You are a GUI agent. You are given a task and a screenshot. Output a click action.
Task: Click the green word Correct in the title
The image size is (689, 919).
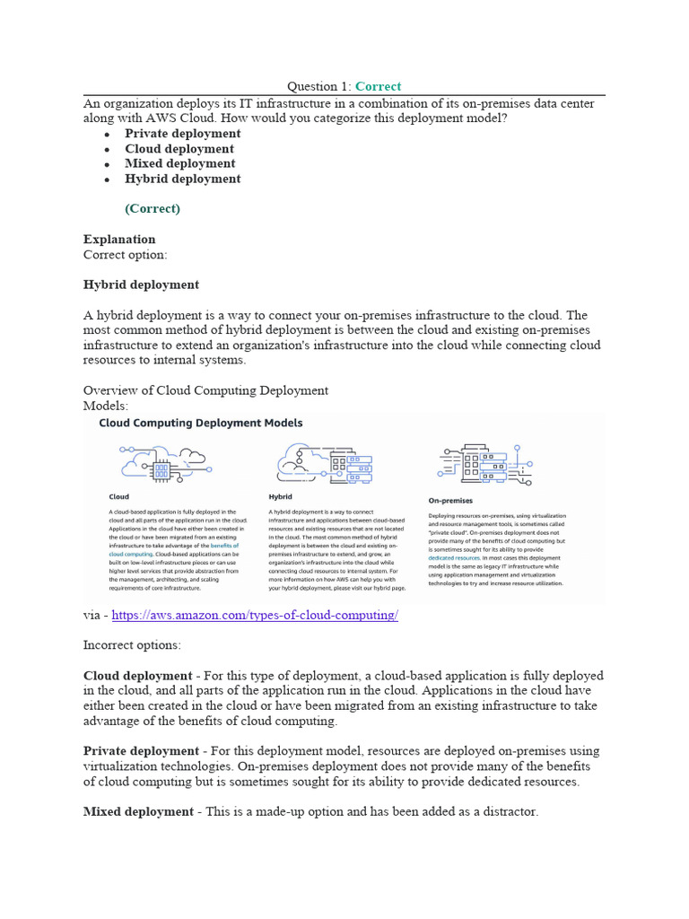pos(378,86)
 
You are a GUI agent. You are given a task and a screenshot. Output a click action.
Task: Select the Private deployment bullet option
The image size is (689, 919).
pos(182,134)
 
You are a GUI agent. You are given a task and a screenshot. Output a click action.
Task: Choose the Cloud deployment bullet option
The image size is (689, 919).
pos(179,149)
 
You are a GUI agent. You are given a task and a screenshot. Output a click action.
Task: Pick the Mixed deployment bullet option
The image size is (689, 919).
pos(179,163)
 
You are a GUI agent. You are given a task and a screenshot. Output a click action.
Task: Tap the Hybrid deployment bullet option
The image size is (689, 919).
pos(182,179)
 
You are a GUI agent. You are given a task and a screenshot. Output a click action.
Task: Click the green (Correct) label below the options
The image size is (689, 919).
pos(153,208)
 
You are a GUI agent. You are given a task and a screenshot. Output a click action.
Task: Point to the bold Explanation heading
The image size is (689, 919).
pos(119,239)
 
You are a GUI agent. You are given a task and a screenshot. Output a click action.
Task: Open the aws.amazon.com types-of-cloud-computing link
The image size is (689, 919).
pos(255,615)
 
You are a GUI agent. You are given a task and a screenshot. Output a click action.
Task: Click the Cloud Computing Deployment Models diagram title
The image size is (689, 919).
pos(200,423)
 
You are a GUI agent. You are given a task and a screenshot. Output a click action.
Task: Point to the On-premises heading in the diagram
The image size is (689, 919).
pos(450,501)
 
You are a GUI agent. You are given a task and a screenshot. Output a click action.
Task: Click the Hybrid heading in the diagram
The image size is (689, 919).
pos(280,496)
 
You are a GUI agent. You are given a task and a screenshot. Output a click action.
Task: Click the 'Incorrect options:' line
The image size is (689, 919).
pos(132,645)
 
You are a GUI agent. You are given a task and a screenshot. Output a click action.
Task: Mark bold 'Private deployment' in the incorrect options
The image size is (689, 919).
pos(141,751)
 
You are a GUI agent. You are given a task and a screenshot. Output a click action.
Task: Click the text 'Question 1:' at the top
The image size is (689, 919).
pos(318,86)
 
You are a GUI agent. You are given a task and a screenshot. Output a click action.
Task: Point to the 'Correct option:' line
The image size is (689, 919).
pos(125,254)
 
